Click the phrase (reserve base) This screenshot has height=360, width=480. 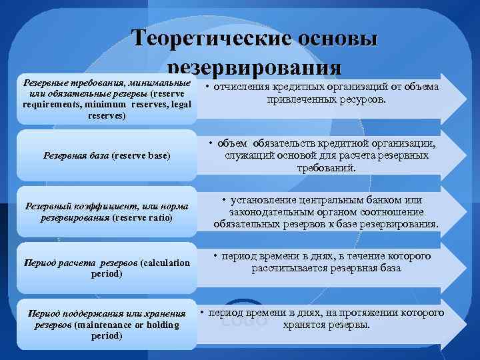point(141,156)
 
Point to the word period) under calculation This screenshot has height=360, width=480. point(107,273)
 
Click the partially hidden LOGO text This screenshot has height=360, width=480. point(243,322)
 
